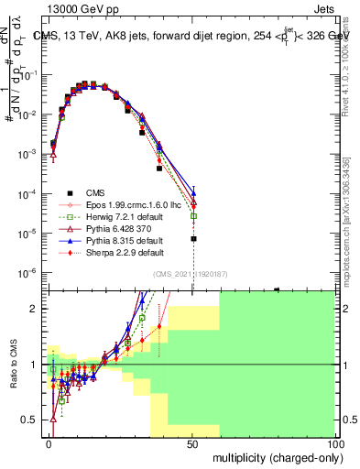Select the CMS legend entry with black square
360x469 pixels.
point(95,192)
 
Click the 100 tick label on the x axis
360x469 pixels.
point(333,443)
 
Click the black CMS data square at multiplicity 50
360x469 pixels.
point(193,238)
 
